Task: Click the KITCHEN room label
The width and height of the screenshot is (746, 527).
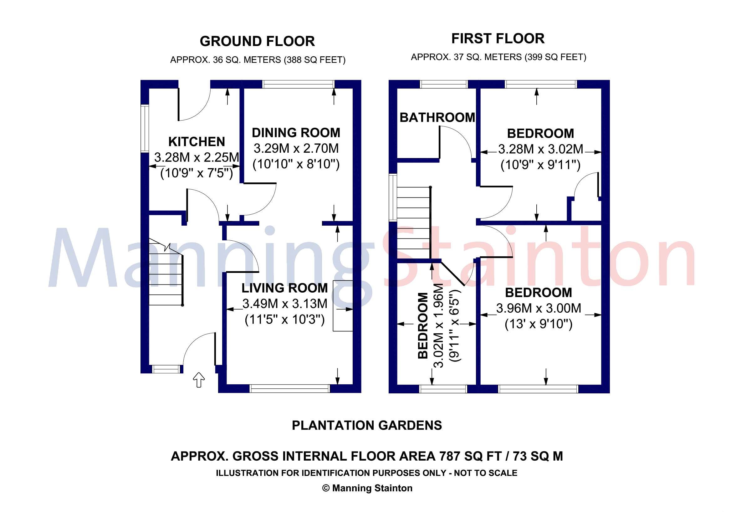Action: (x=197, y=142)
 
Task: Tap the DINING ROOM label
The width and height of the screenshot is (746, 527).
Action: (x=296, y=133)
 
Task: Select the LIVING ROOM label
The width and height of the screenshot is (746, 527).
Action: (x=285, y=288)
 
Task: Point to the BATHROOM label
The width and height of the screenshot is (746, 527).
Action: (x=437, y=118)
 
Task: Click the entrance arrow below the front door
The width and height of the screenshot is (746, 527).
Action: (x=199, y=380)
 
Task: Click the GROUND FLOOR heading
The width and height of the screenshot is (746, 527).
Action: (x=257, y=42)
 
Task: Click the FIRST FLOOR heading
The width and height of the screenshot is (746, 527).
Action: (x=498, y=39)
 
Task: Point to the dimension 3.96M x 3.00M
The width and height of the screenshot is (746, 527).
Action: (x=539, y=308)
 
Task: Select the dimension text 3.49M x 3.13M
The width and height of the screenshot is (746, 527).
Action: (x=285, y=304)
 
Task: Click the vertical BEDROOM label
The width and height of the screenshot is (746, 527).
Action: (x=423, y=326)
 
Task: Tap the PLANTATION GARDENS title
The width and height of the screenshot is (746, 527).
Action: (x=367, y=425)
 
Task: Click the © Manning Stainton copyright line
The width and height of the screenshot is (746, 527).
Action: (x=367, y=488)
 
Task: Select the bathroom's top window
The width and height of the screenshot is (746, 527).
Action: (x=443, y=84)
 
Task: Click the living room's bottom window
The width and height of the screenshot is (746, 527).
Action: (x=289, y=389)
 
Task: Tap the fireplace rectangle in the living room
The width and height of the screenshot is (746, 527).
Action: (x=342, y=306)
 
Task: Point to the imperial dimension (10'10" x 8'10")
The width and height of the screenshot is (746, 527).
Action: (x=296, y=164)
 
